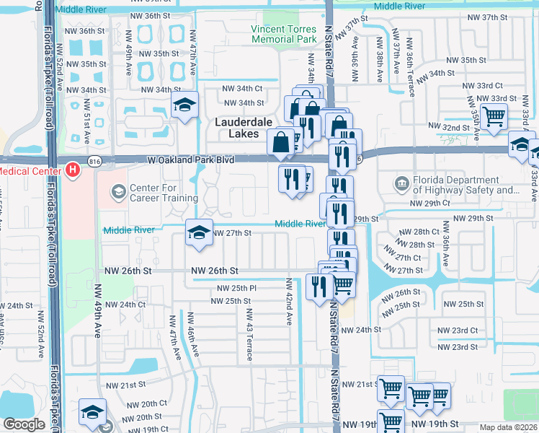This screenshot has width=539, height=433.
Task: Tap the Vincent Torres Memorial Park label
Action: pos(284,34)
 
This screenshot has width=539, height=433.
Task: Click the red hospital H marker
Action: pos(72,170)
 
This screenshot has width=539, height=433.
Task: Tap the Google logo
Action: pos(24,425)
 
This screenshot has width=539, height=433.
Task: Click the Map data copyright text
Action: pos(508,427)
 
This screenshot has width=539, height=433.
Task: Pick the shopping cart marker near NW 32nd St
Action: pos(494,116)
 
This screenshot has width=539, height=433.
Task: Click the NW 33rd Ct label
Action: pos(482,85)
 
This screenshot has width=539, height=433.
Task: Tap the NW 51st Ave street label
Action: pos(86,124)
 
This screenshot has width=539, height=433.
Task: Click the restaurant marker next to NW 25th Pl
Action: pos(318,287)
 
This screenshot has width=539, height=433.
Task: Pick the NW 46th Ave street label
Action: pos(190,332)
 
